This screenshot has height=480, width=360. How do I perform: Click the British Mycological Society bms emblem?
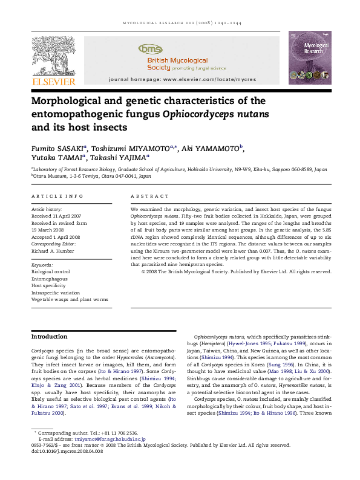151,49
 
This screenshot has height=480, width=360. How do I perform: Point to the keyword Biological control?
51,271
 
